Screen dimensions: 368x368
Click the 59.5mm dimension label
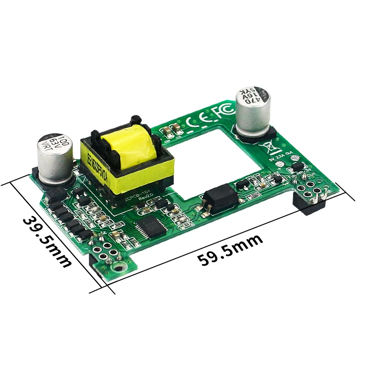(x=230, y=250)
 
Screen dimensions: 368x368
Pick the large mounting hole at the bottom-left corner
(x=119, y=268)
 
